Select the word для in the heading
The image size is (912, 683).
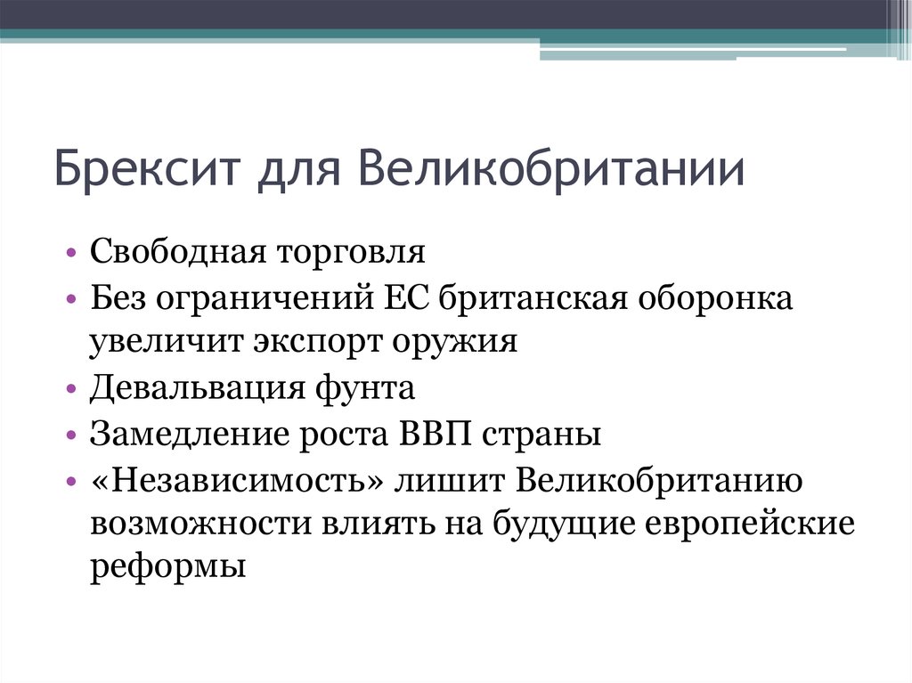click(x=294, y=169)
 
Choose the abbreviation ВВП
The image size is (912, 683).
click(x=436, y=435)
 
